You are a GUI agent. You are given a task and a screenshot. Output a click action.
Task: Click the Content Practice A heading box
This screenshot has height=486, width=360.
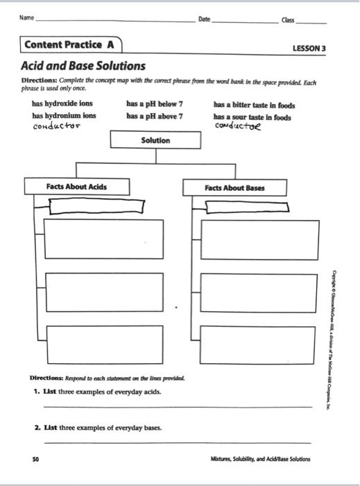[x=69, y=45]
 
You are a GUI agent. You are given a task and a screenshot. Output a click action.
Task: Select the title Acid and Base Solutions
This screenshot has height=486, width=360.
[x=84, y=67]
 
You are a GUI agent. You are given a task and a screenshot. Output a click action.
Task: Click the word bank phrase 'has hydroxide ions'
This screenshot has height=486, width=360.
[x=62, y=103]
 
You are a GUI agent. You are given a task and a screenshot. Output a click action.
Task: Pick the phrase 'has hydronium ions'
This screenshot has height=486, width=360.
[x=64, y=115]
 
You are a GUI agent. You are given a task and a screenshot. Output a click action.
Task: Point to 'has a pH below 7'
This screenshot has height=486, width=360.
[x=154, y=103]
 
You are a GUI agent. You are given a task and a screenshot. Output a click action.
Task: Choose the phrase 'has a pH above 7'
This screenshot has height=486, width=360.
[x=155, y=115]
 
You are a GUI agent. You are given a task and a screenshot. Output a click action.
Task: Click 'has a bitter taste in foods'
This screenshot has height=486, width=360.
[x=252, y=103]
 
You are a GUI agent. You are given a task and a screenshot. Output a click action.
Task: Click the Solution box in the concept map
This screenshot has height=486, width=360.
[x=155, y=140]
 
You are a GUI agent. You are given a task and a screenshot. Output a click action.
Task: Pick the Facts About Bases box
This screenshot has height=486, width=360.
[x=234, y=187]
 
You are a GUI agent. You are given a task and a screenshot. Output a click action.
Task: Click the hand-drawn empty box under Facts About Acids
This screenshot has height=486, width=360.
[x=96, y=206]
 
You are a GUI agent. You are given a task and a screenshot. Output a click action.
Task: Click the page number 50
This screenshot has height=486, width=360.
[x=35, y=459]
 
